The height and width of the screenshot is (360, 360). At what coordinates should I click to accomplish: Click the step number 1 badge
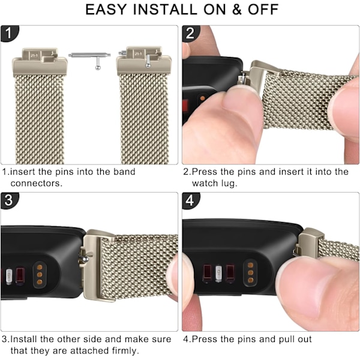9,33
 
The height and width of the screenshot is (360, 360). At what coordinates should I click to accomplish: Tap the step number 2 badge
190,33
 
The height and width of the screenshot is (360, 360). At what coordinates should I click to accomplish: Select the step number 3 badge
9,200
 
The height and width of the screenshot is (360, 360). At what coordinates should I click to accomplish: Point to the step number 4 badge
190,200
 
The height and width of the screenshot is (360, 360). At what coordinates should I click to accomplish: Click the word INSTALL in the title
165,10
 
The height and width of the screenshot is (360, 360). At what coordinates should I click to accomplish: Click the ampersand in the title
236,10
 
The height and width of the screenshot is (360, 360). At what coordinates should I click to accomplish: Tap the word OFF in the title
263,10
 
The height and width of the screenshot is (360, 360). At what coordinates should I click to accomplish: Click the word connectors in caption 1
36,183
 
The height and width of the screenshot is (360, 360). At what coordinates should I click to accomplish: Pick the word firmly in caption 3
125,350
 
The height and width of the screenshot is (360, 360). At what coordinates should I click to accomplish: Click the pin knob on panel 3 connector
85,259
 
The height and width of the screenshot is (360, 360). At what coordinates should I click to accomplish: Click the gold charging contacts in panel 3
40,275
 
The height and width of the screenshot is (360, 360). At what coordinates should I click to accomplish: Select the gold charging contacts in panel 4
250,273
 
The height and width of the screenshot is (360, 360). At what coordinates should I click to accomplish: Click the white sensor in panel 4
219,274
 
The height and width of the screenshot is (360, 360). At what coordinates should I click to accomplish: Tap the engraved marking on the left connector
34,56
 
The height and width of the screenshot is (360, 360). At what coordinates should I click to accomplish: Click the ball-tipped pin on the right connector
148,61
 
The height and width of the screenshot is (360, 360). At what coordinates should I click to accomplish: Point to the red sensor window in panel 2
185,107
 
